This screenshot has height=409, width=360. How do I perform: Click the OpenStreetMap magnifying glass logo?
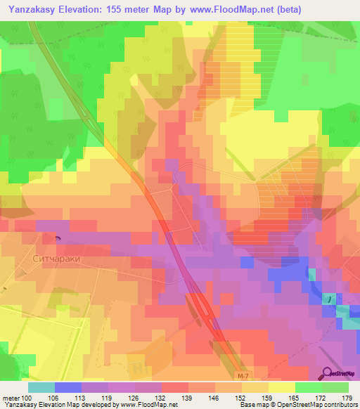pyautogui.click(x=328, y=374)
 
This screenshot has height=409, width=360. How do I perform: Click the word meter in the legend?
pyautogui.click(x=12, y=398)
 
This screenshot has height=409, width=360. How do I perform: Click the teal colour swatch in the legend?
pyautogui.click(x=41, y=387)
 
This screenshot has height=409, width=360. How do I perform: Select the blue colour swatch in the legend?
pyautogui.click(x=68, y=387)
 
